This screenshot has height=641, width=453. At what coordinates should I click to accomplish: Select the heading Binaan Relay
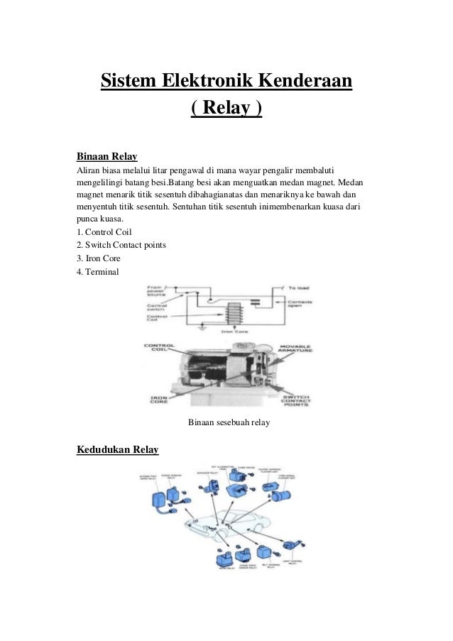coord(106,155)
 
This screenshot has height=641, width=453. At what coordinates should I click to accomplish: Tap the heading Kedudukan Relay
coord(116,450)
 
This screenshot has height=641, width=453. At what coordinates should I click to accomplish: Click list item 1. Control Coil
coord(103,232)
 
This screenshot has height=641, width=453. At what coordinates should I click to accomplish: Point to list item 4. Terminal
coord(98,272)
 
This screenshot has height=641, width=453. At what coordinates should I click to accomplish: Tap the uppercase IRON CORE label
coord(158,399)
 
